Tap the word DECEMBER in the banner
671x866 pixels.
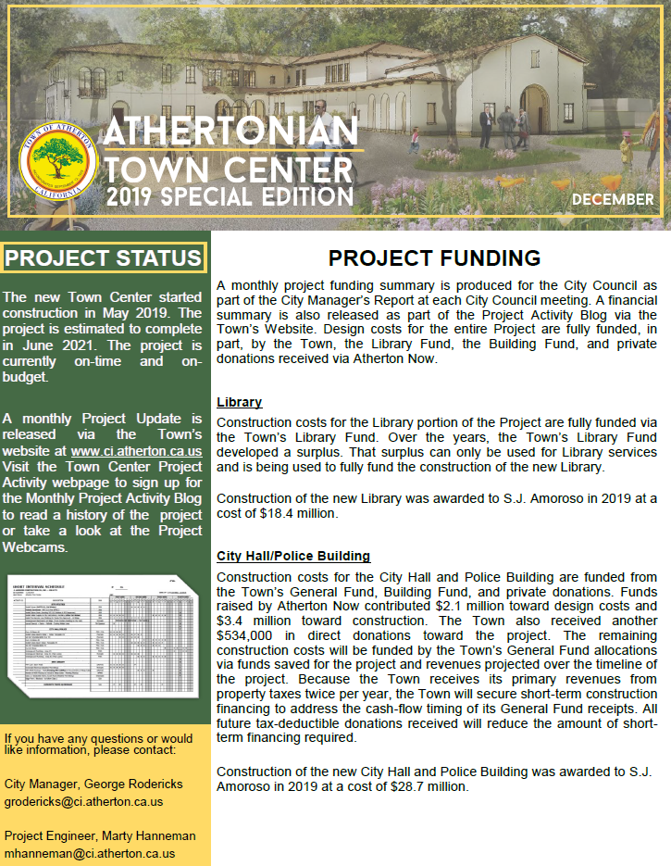pos(612,199)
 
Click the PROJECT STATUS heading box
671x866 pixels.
pos(103,257)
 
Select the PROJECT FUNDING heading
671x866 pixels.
pos(434,258)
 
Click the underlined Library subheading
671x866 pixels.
pos(239,402)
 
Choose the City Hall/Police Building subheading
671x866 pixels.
pos(293,556)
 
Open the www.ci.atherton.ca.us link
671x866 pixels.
pos(136,451)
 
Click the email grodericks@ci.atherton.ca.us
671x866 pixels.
pos(83,801)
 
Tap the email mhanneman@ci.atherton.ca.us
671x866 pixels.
pos(89,853)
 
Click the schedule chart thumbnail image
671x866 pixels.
pos(103,630)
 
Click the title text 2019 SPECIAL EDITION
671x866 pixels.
pos(229,196)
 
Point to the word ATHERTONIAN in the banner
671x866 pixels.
pos(230,131)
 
